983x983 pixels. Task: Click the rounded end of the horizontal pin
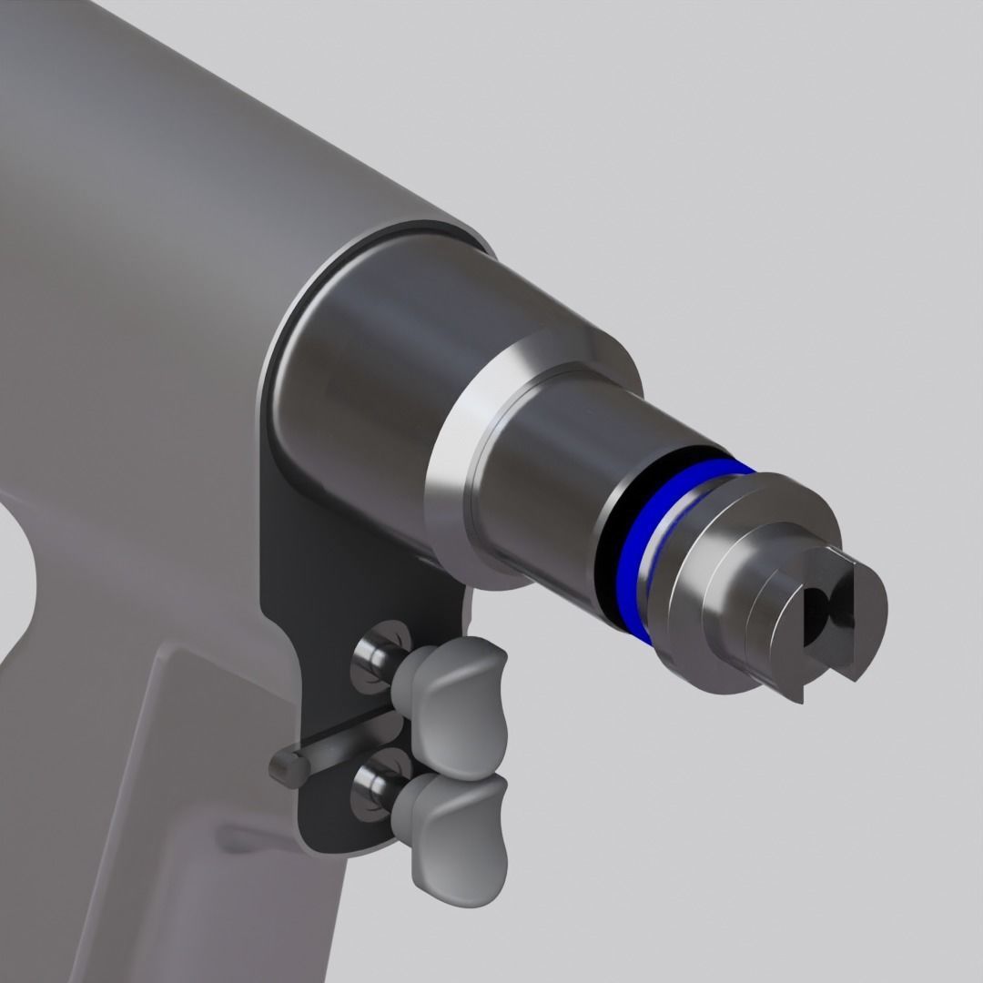(286, 765)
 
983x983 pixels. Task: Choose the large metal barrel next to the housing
(364, 364)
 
